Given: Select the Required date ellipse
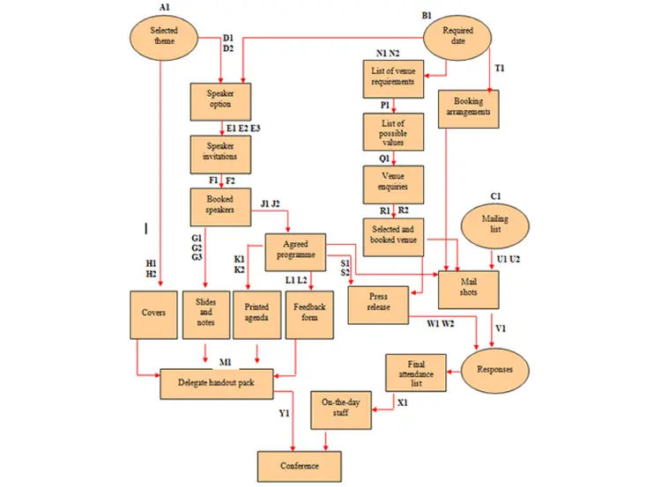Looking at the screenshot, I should (x=457, y=36).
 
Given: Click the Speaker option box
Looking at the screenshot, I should (x=219, y=101).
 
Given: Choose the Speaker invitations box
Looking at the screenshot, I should (x=219, y=155).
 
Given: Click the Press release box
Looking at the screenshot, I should (x=378, y=304).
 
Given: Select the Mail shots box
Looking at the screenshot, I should (x=469, y=287).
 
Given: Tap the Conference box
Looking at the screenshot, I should (x=299, y=465).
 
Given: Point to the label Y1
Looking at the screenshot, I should (x=285, y=413).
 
